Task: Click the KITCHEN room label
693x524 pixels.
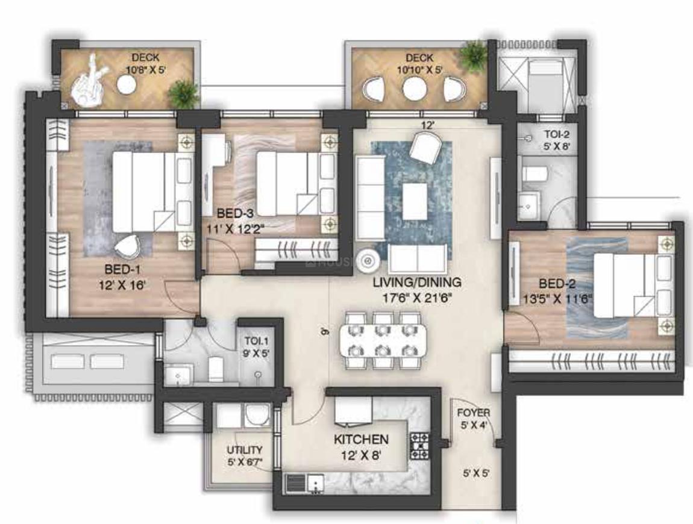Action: click(361, 440)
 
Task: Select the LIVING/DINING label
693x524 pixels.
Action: click(416, 282)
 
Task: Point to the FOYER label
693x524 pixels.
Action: click(473, 413)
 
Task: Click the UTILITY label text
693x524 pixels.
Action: click(244, 450)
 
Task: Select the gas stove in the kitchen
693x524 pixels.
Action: click(419, 446)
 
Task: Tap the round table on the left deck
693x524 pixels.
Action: click(127, 85)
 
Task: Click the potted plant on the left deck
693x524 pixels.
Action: click(183, 93)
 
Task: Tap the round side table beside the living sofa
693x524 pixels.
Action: click(366, 260)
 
